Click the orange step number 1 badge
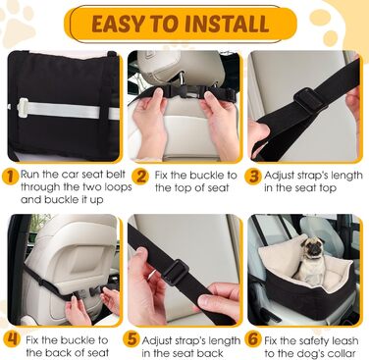tap(10, 177)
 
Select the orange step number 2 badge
tap(141, 177)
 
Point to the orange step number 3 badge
tap(253, 177)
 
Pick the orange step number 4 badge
tap(12, 339)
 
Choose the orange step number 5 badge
tap(132, 339)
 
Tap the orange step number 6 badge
tap(253, 339)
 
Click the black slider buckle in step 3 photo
tap(309, 101)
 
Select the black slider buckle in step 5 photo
tap(176, 272)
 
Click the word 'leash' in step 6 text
tap(343, 340)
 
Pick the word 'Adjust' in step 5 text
tap(159, 341)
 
